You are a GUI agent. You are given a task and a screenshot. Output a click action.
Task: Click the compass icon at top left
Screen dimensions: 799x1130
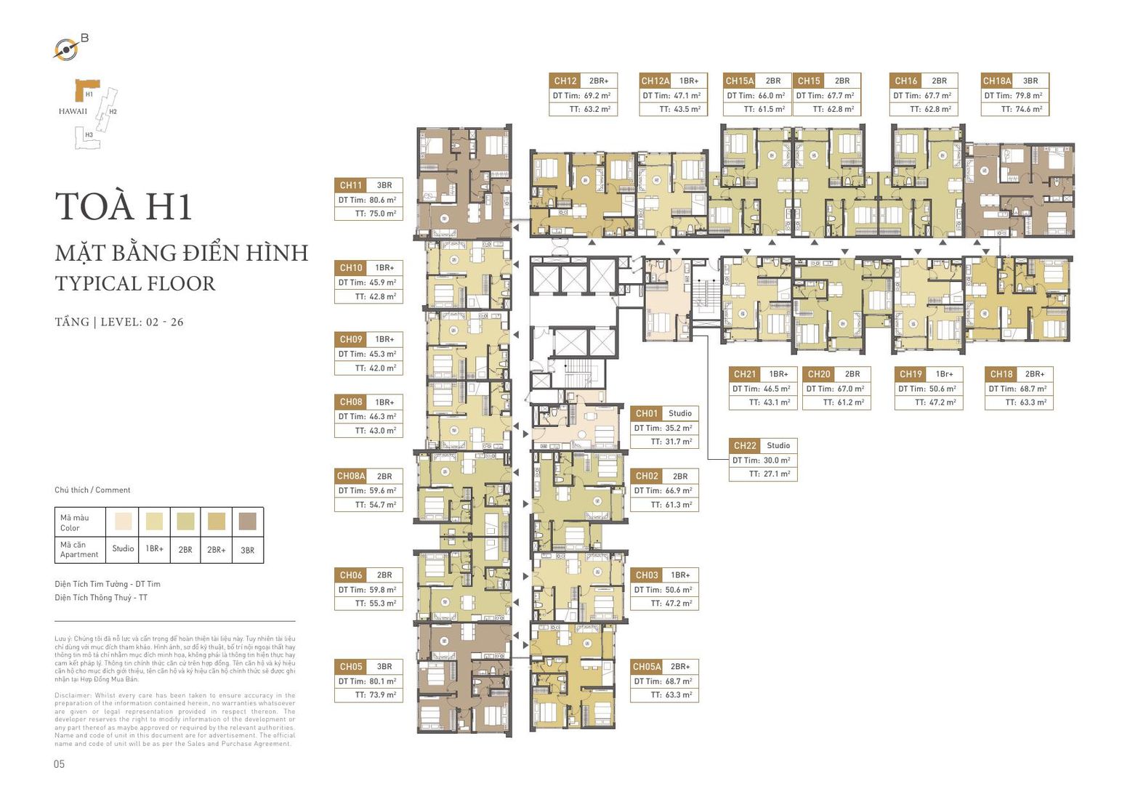(x=66, y=49)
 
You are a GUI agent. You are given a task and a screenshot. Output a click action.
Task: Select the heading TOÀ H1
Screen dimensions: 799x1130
(x=124, y=206)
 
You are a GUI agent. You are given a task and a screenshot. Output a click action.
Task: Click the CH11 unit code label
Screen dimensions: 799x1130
(x=351, y=185)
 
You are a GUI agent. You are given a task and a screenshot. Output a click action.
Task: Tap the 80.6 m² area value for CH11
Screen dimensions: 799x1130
(x=382, y=200)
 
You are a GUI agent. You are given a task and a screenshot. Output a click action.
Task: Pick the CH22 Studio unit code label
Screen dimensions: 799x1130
(x=745, y=445)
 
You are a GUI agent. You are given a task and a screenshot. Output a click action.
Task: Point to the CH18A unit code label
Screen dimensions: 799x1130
(x=996, y=81)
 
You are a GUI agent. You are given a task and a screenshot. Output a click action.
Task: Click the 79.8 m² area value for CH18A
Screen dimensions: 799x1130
(x=1028, y=95)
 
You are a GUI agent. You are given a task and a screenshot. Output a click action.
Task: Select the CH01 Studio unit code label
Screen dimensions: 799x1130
(x=646, y=413)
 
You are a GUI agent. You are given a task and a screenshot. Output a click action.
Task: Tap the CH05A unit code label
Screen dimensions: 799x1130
(x=647, y=666)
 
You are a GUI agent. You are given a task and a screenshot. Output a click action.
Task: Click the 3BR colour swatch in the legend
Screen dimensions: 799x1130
(x=247, y=521)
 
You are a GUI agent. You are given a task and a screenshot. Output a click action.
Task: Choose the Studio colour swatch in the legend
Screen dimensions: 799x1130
(x=123, y=521)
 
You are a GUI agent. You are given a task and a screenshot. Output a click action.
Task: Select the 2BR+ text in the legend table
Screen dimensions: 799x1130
(x=216, y=550)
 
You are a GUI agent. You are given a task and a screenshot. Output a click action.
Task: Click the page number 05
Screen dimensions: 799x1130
(x=60, y=763)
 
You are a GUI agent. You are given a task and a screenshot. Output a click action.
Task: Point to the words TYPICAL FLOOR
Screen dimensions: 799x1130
(x=135, y=283)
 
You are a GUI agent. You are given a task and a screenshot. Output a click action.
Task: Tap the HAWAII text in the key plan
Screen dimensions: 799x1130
(x=73, y=111)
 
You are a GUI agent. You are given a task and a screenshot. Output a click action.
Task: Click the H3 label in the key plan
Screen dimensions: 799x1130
(x=89, y=134)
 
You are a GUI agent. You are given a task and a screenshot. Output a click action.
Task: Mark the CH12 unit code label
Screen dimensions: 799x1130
(x=565, y=81)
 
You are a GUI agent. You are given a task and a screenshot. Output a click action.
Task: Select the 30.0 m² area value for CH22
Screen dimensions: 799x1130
(x=775, y=460)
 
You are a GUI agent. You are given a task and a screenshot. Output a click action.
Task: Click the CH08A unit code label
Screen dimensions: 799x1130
(x=351, y=476)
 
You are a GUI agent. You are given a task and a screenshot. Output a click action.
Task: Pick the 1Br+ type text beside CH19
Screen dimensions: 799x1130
(x=944, y=374)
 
